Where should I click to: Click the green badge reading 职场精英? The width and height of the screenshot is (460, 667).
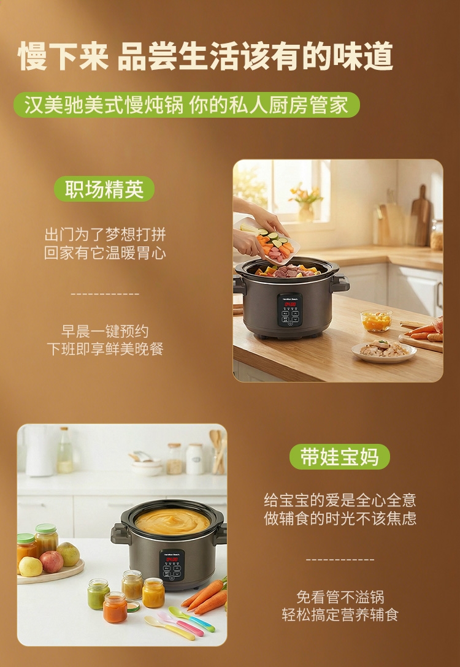[x=104, y=189]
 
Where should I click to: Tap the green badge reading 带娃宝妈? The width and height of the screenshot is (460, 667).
[x=340, y=457]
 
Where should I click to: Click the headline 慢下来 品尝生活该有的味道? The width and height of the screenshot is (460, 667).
[x=205, y=56]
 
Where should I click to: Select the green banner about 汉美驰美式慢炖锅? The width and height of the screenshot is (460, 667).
[x=186, y=105]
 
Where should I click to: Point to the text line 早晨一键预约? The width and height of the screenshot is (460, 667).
[x=105, y=331]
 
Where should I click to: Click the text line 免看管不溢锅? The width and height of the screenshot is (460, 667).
[x=340, y=597]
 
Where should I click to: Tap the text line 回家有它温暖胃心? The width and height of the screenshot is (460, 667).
[x=105, y=253]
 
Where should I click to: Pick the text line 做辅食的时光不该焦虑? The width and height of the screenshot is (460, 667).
[x=340, y=518]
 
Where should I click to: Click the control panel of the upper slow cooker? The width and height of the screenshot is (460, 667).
[x=289, y=310]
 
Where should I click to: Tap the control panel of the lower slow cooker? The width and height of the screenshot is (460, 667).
[x=172, y=565]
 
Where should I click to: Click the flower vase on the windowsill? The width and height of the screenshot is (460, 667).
[x=305, y=204]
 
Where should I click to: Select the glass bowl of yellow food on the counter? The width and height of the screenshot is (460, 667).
[x=376, y=321]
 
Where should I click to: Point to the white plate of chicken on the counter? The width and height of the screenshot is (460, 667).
[x=384, y=351]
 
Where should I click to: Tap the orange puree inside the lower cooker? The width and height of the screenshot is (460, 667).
[x=172, y=521]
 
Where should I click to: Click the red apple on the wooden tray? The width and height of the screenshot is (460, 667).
[x=52, y=562]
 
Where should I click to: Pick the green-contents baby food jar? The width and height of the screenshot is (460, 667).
[x=98, y=594]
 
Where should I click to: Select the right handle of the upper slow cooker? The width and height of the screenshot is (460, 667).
[x=340, y=283]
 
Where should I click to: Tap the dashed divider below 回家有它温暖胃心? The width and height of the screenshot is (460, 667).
[x=105, y=294]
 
